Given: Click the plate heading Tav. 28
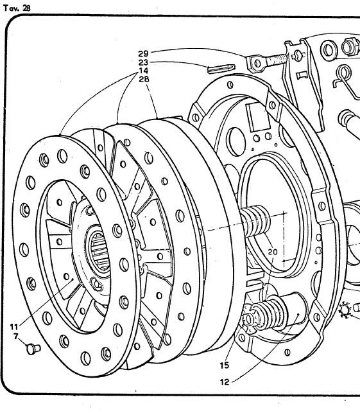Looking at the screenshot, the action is pyautogui.click(x=17, y=8).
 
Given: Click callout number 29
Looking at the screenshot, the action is pyautogui.click(x=143, y=54).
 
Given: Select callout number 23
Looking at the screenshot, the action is pyautogui.click(x=143, y=62).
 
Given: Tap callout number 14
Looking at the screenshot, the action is pyautogui.click(x=144, y=71).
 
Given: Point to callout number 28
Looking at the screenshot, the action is pyautogui.click(x=144, y=79).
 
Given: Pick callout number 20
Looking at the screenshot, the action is pyautogui.click(x=273, y=252).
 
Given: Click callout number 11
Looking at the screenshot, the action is pyautogui.click(x=14, y=327).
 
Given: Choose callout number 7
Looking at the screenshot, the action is pyautogui.click(x=16, y=337).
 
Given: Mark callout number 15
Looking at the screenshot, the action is pyautogui.click(x=225, y=365).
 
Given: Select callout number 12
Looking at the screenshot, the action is pyautogui.click(x=225, y=382).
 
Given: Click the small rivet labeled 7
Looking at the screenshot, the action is pyautogui.click(x=33, y=349).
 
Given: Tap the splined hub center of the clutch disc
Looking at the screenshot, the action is pyautogui.click(x=98, y=251).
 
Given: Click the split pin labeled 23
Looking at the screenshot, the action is pyautogui.click(x=221, y=69).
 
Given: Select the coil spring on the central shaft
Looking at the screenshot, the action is pyautogui.click(x=255, y=221).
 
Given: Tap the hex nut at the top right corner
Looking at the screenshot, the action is pyautogui.click(x=350, y=47).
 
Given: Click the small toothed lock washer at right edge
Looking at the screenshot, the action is pyautogui.click(x=345, y=310).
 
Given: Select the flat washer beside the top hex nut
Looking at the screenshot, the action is pyautogui.click(x=329, y=50).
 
